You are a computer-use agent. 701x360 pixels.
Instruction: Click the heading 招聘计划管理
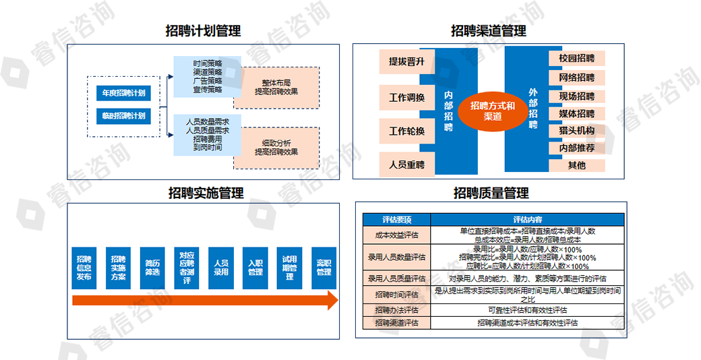[203, 30]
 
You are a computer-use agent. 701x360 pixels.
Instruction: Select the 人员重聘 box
[406, 164]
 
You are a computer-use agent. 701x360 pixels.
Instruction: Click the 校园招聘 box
[576, 58]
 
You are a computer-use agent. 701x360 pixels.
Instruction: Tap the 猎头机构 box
[576, 130]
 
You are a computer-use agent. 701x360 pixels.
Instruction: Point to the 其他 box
[576, 165]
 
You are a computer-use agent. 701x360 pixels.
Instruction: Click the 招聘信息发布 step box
[84, 268]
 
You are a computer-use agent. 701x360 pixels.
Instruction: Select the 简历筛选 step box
[152, 268]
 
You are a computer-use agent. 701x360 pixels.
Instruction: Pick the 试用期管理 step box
[289, 268]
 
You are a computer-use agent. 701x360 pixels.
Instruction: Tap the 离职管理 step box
[324, 268]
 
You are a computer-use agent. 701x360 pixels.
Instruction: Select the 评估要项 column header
[396, 220]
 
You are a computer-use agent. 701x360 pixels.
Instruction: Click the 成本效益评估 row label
[396, 234]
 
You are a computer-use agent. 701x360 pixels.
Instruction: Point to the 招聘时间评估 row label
[396, 295]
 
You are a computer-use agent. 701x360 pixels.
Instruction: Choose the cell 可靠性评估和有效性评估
[526, 310]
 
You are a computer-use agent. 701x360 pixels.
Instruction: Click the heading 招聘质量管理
[491, 193]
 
